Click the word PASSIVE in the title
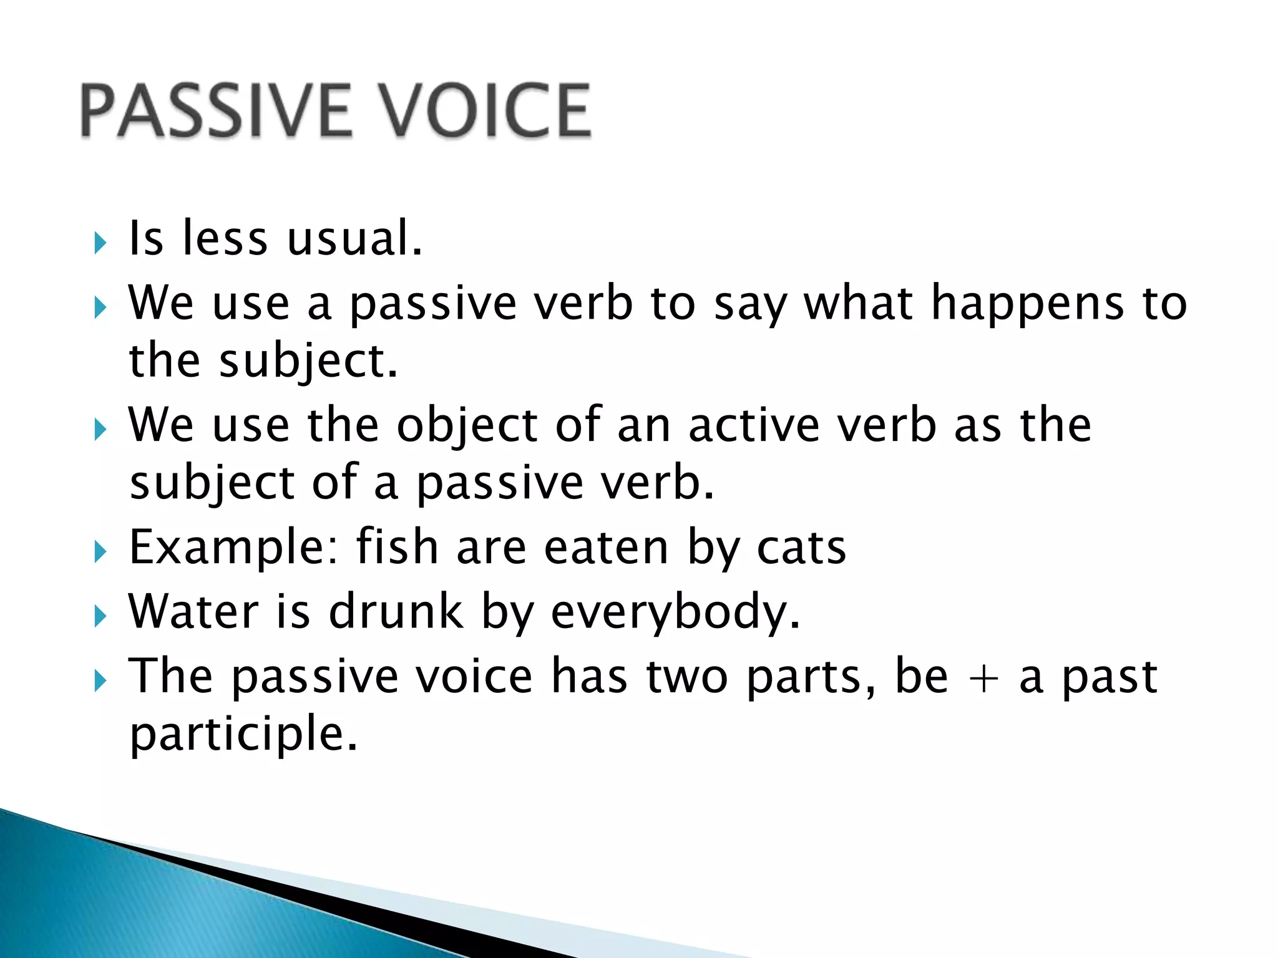click(215, 111)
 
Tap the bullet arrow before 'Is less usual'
click(100, 243)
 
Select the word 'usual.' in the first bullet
click(354, 239)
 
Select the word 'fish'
click(397, 547)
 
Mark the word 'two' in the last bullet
click(686, 677)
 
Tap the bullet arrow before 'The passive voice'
click(100, 681)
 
